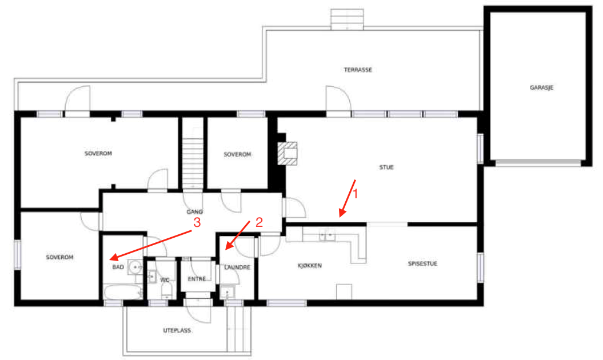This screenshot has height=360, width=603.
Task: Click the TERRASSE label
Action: point(358,70)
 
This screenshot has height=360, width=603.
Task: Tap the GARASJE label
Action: point(541,87)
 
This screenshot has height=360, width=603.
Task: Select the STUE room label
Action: point(386,167)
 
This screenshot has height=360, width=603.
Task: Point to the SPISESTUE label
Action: point(422,264)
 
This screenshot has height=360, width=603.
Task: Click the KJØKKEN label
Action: point(310,265)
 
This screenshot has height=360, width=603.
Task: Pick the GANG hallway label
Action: point(194,211)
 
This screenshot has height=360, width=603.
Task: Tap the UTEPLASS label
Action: point(177,330)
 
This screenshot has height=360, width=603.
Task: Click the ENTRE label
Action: point(197,279)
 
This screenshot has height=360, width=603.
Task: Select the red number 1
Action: point(356,194)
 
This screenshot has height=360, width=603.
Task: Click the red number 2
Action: point(259,222)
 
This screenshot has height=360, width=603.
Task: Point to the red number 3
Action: point(197,222)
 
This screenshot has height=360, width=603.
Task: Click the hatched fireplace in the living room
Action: point(287,154)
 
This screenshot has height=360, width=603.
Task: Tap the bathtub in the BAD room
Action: point(123,292)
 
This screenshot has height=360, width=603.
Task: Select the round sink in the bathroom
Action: point(135,266)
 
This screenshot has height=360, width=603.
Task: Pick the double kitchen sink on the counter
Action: point(327,235)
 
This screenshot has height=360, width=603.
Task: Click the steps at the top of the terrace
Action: point(347,19)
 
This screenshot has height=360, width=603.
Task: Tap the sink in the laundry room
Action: point(227,293)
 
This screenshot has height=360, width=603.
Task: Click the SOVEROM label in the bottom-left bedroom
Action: point(59,257)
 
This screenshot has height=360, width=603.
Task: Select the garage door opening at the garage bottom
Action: point(538,163)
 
